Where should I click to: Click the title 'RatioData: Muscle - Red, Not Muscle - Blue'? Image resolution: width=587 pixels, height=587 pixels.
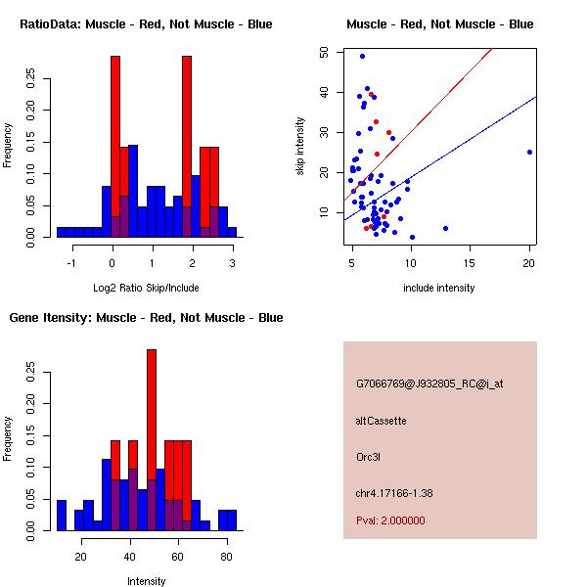[146, 23]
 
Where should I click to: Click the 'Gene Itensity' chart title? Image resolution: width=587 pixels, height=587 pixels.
[146, 317]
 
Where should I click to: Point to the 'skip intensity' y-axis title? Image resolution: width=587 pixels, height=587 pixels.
[300, 147]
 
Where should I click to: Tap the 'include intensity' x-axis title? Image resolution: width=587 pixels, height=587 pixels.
[439, 288]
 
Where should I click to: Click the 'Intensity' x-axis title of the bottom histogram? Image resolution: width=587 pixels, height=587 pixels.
[147, 581]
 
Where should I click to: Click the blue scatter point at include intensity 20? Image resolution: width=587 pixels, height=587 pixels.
[529, 152]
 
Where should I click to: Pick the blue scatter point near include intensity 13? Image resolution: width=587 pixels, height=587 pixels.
[446, 228]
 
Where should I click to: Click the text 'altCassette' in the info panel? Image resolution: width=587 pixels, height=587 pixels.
[381, 421]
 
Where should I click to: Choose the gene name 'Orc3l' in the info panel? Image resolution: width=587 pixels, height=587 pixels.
[368, 456]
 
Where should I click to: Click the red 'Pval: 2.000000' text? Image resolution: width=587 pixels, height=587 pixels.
[390, 520]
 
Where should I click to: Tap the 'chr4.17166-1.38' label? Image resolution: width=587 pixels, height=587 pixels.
[394, 492]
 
